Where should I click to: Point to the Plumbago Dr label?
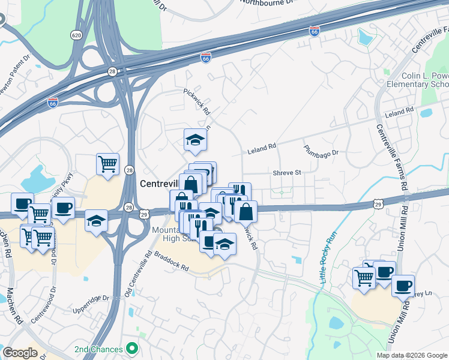[x=321, y=150]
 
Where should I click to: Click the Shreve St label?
[x=286, y=172]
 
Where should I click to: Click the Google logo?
[x=20, y=353]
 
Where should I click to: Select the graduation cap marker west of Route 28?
[x=96, y=221]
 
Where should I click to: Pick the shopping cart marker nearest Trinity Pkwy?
[x=107, y=164]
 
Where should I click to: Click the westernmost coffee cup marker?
[x=22, y=203]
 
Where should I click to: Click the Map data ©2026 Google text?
[x=412, y=355]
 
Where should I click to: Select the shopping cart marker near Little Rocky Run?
[x=364, y=277]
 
